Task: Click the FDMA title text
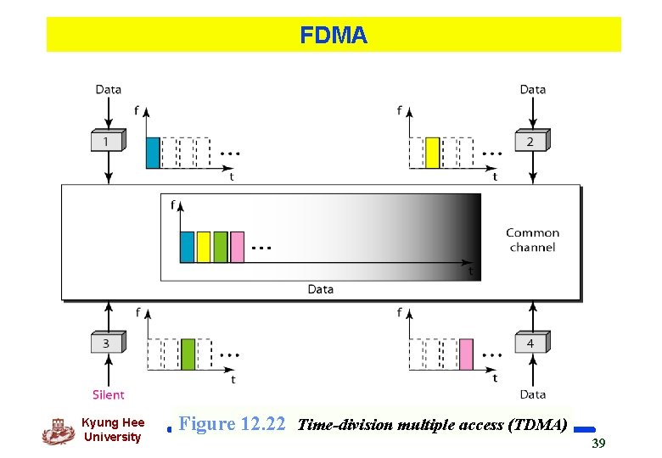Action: [x=333, y=36]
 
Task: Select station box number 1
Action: [x=107, y=141]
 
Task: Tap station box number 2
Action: [x=530, y=141]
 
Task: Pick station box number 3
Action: [x=107, y=343]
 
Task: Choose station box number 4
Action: [x=530, y=343]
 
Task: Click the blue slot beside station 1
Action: [x=153, y=153]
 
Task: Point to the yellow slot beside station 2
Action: [x=432, y=153]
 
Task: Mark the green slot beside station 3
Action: [x=188, y=354]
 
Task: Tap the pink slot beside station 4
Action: [x=466, y=354]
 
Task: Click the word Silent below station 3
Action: [x=108, y=394]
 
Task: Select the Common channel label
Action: [x=532, y=240]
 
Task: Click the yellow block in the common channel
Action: [x=204, y=247]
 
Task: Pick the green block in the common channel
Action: [x=221, y=247]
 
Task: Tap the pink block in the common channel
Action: [x=237, y=247]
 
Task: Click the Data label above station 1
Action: [x=108, y=89]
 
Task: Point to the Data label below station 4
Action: [x=532, y=394]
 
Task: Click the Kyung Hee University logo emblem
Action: [x=58, y=431]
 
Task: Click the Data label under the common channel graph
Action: [x=320, y=289]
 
